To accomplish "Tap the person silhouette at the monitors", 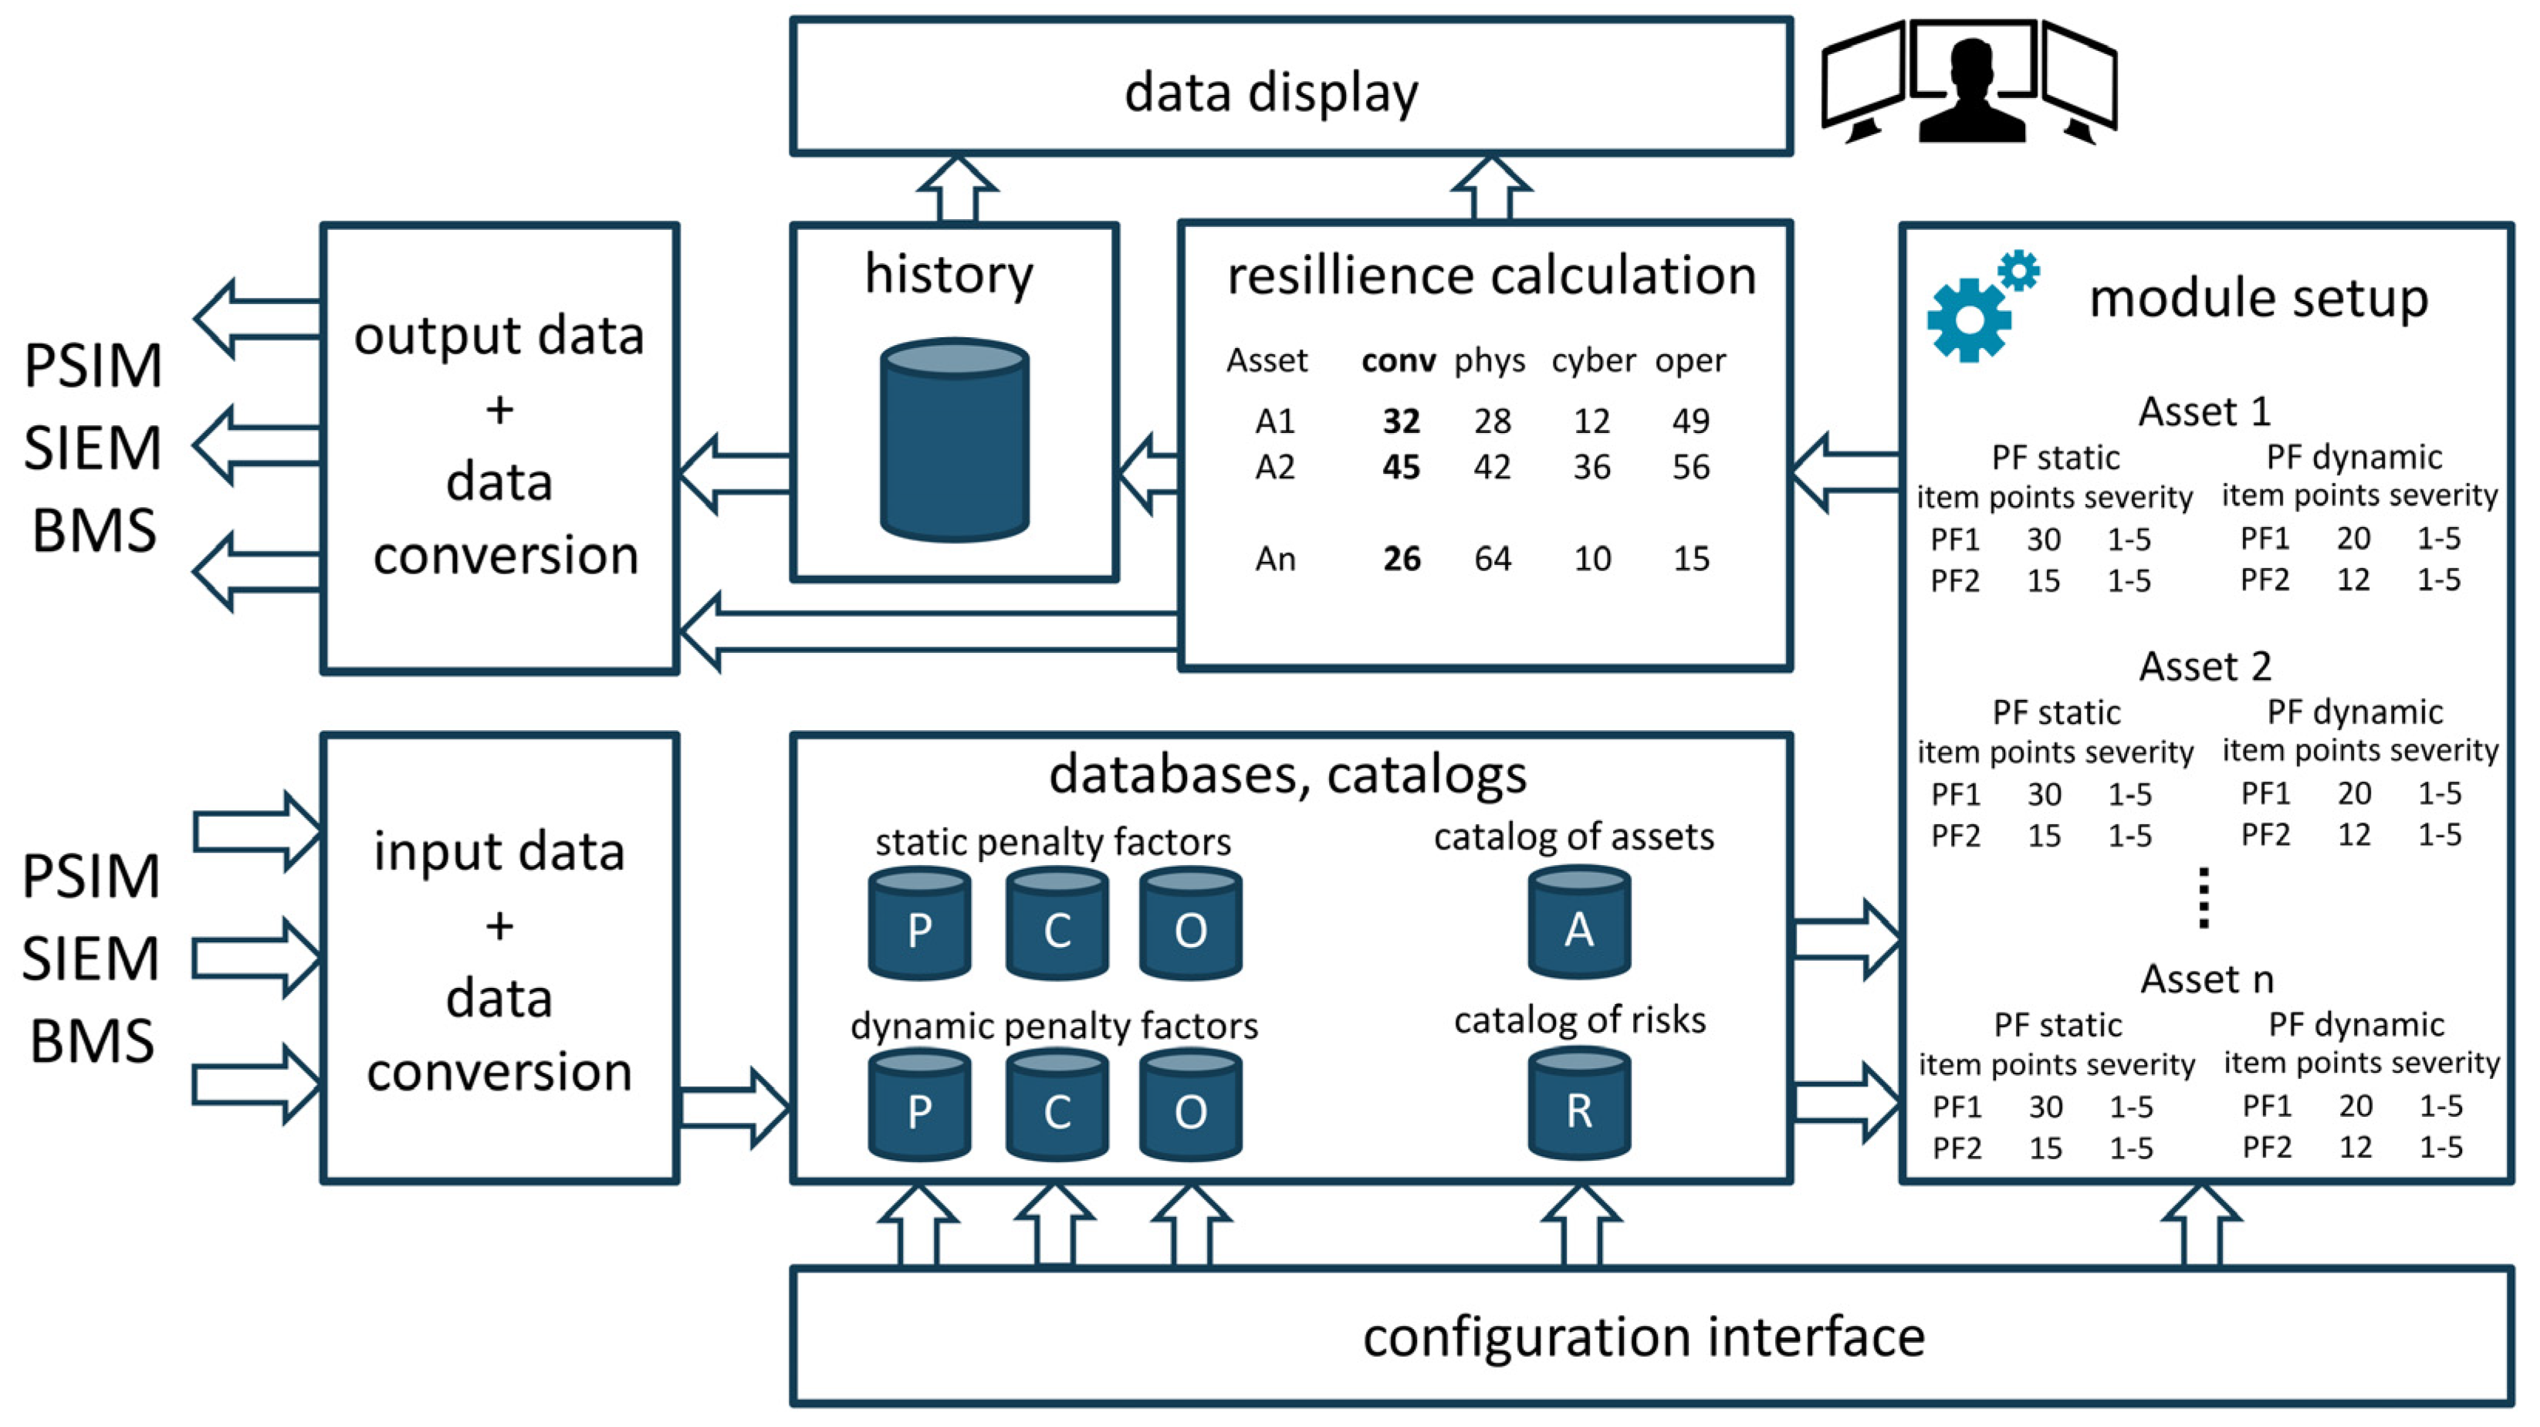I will point(1971,93).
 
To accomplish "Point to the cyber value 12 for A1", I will point(1591,421).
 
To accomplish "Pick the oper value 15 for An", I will point(1690,560).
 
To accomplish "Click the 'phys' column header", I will point(1489,361).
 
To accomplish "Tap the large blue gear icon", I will point(1969,320).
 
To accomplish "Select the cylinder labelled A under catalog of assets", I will point(1578,922).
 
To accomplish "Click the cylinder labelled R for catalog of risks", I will point(1578,1104).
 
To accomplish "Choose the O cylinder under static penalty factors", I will point(1190,923).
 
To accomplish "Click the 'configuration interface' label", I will point(1644,1337).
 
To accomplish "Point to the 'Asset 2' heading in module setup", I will point(2205,667).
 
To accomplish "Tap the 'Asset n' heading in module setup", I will point(2207,979).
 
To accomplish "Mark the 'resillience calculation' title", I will point(1491,276).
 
